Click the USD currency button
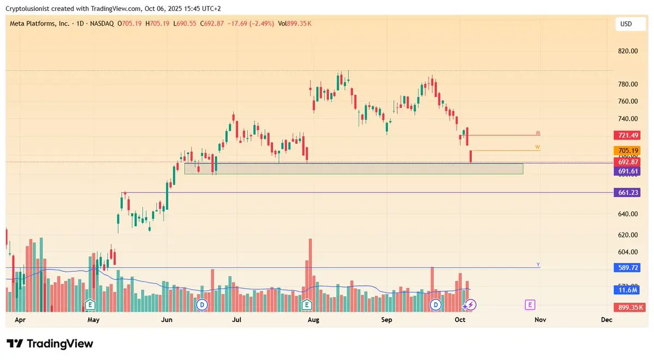coord(626,25)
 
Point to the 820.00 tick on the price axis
coord(628,51)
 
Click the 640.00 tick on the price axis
coord(628,214)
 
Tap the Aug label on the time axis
coord(313,320)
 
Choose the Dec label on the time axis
coord(607,320)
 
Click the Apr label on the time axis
coord(20,320)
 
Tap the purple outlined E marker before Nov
coord(529,304)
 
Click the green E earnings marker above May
coord(91,304)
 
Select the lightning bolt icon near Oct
coord(469,304)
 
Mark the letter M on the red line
coord(538,133)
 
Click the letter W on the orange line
coord(537,148)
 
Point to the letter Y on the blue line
coord(538,265)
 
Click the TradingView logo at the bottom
coord(50,344)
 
